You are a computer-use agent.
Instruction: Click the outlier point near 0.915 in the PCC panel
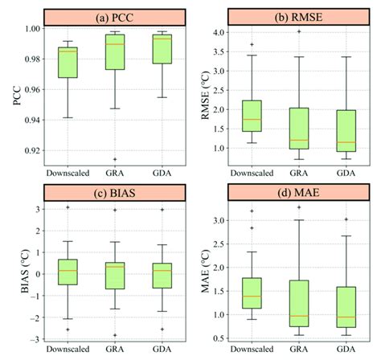(x=114, y=159)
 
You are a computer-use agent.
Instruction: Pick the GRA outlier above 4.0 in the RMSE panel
(x=300, y=31)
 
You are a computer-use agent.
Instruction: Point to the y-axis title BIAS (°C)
(x=13, y=270)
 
